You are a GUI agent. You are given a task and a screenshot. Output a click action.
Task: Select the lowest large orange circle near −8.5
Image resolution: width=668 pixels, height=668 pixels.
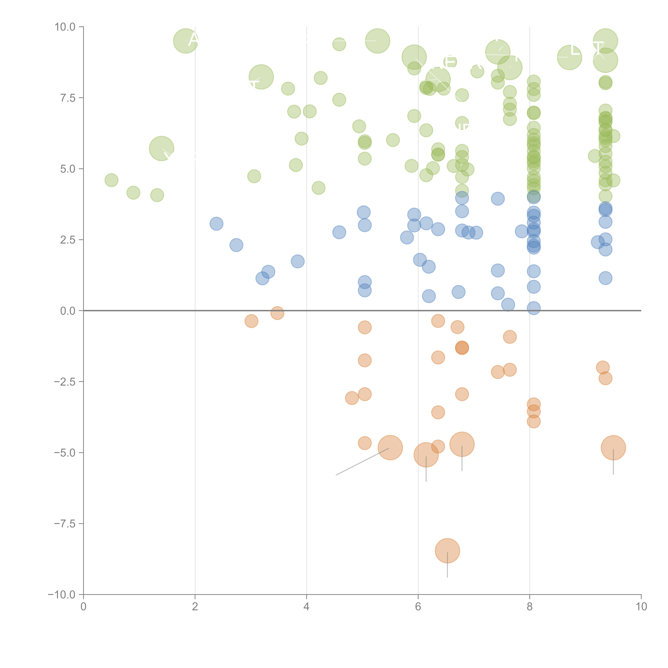[447, 551]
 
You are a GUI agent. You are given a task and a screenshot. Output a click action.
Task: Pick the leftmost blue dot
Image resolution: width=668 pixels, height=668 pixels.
[216, 224]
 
